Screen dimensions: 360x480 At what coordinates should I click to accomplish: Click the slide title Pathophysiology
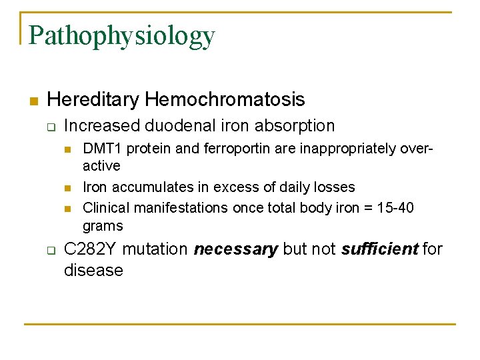(x=122, y=36)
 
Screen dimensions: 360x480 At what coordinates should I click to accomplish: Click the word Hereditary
(x=93, y=100)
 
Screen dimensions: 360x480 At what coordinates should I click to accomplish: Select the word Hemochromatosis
(x=225, y=100)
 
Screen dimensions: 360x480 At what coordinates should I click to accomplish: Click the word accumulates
(x=143, y=187)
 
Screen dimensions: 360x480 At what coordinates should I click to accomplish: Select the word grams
(x=103, y=225)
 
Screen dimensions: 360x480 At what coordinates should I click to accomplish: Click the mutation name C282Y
(x=92, y=250)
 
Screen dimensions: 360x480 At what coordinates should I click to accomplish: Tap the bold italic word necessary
(x=235, y=250)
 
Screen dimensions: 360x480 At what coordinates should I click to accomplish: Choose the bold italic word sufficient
(x=379, y=250)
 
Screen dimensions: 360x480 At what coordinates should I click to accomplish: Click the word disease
(x=93, y=270)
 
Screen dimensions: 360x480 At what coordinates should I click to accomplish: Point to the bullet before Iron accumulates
(x=67, y=188)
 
